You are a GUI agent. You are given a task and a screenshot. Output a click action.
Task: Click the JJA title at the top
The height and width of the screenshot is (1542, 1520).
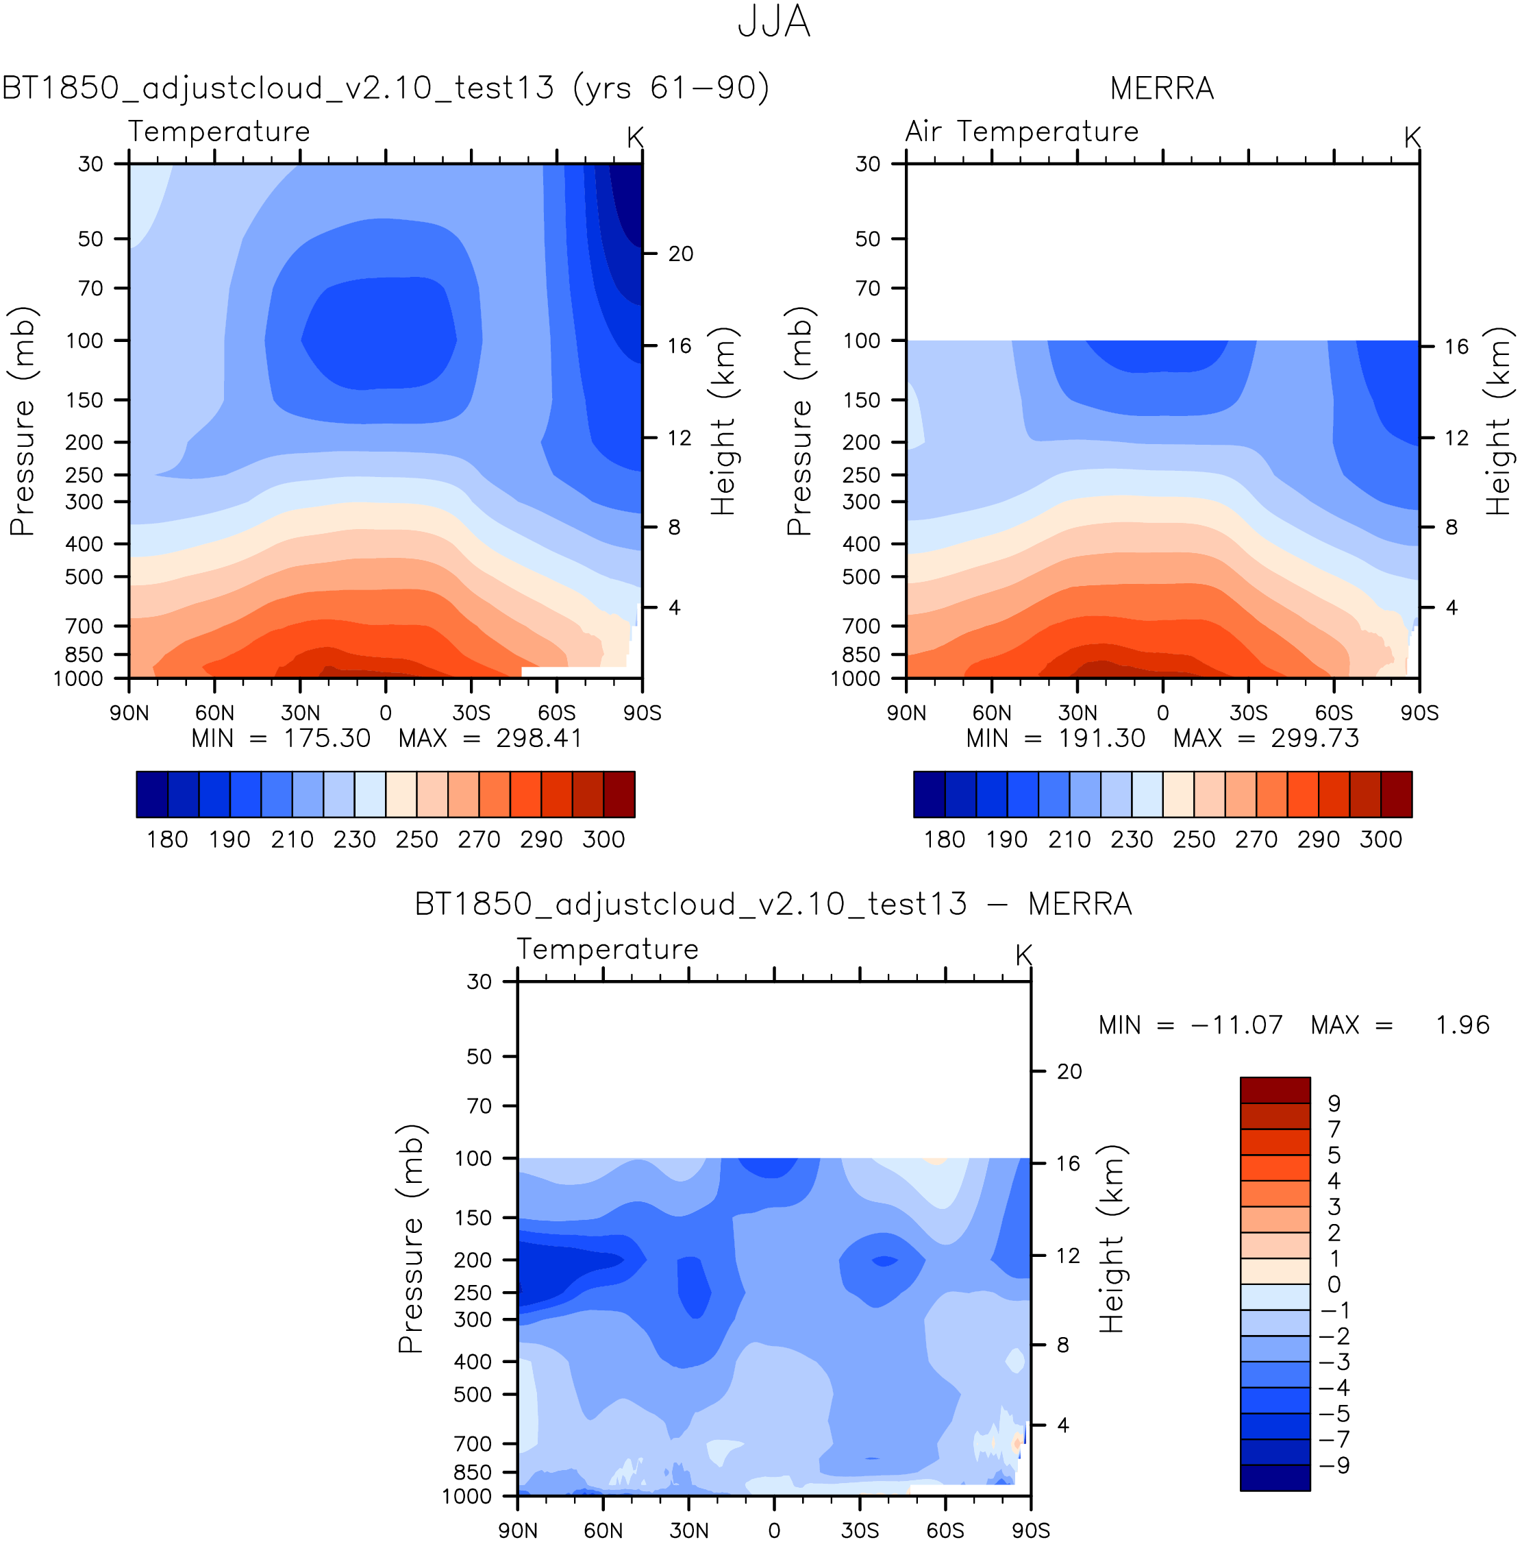pos(773,23)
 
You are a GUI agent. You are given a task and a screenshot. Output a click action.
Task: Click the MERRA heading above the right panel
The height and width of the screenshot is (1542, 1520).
pos(1161,88)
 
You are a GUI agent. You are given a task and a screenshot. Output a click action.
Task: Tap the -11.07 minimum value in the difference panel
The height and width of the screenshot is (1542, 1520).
pos(1236,1025)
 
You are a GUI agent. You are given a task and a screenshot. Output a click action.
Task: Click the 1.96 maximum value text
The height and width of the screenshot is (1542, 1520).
pos(1462,1025)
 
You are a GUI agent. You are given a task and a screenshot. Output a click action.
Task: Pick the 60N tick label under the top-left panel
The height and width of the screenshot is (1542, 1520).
pos(214,713)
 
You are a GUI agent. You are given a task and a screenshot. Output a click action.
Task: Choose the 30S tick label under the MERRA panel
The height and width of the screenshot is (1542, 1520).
pos(1248,713)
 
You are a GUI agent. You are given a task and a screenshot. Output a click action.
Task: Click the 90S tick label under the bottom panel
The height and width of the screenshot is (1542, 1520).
pos(1030,1530)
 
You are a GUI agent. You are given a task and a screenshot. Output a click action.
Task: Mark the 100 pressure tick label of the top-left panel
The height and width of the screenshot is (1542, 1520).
pos(84,341)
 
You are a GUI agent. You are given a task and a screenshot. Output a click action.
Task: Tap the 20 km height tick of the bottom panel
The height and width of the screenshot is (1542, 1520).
pos(1069,1071)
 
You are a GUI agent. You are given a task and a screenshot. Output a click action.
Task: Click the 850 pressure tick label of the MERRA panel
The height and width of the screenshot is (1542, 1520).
pos(861,654)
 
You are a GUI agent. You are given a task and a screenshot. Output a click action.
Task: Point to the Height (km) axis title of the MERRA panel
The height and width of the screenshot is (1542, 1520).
pos(1497,421)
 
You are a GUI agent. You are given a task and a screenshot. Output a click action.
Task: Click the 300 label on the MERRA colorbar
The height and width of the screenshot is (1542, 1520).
pos(1380,840)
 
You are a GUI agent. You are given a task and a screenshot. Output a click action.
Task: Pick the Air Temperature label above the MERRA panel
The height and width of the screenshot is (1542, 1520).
pos(1021,132)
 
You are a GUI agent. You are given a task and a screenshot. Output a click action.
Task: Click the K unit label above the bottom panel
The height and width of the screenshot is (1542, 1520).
pos(1023,955)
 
